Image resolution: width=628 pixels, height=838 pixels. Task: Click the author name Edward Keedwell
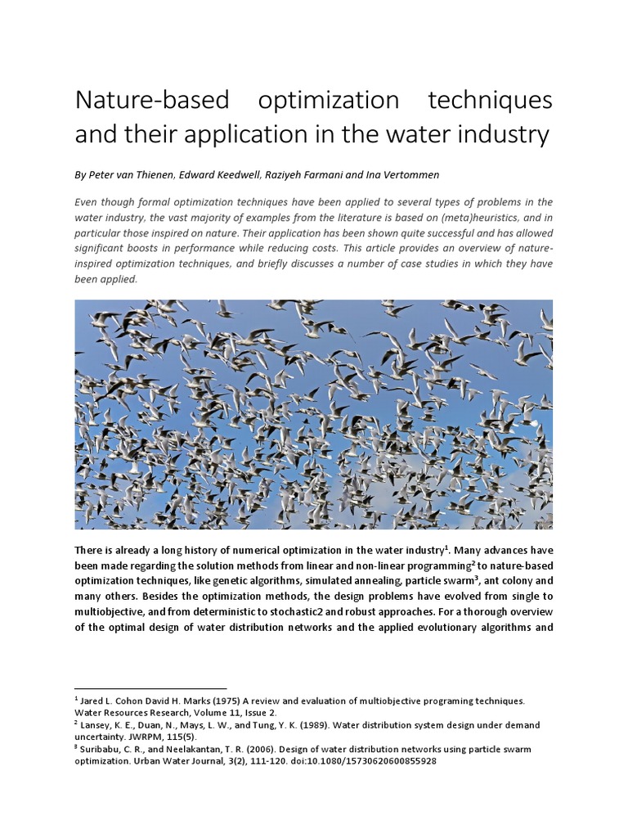pyautogui.click(x=231, y=176)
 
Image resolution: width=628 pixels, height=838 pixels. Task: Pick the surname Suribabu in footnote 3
pyautogui.click(x=102, y=749)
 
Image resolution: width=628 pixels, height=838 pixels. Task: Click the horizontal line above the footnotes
pyautogui.click(x=150, y=688)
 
